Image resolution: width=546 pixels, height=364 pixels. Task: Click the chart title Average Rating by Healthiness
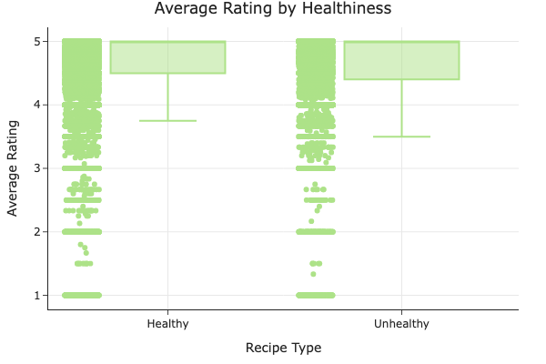pos(273,9)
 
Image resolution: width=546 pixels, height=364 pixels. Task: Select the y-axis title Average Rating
pos(13,168)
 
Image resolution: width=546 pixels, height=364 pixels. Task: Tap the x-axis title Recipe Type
pos(283,348)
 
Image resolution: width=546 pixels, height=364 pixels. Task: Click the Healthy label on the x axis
pos(167,324)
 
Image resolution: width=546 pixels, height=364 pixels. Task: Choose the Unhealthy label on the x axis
pos(401,324)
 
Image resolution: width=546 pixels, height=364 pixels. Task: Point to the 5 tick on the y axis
pos(38,41)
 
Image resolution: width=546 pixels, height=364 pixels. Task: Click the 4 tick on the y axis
pos(38,105)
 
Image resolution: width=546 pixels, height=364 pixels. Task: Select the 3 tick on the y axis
pos(38,168)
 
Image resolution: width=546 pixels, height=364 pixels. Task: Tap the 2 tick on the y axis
pos(38,232)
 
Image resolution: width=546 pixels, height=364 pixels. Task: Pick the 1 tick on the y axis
pos(38,295)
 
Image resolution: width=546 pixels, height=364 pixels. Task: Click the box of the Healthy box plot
pos(167,57)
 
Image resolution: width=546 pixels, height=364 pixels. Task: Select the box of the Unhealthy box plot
pos(401,60)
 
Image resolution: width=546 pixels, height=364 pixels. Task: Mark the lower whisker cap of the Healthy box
pos(167,120)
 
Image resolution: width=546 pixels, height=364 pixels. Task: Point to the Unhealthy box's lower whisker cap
pos(401,136)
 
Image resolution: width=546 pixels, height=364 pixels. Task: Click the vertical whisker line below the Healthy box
pos(167,96)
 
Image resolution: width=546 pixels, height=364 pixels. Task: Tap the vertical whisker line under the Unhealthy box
pos(401,107)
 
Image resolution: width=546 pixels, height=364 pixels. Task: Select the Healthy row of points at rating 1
pos(82,295)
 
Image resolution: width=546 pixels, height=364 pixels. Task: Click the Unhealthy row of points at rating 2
pos(316,232)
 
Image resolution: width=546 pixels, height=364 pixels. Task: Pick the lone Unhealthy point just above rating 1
pos(313,274)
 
